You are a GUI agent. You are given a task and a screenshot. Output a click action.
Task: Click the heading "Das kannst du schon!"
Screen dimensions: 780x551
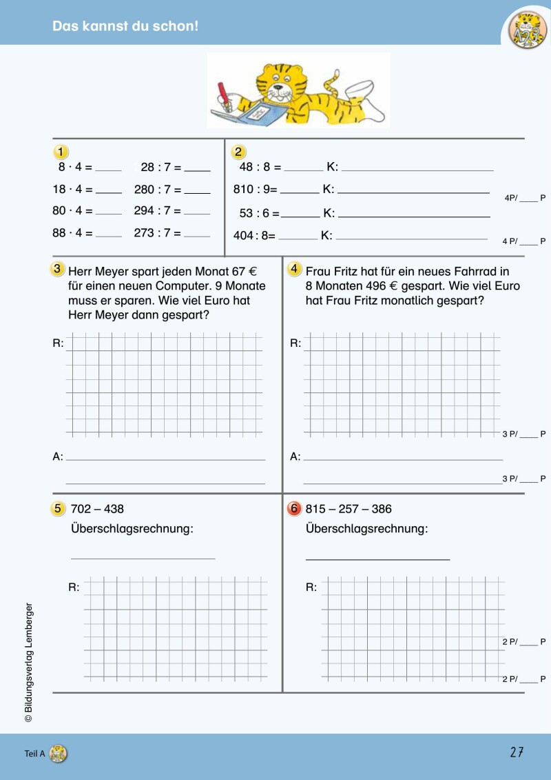125,27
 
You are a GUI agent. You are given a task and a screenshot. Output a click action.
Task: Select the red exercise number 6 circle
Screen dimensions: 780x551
295,509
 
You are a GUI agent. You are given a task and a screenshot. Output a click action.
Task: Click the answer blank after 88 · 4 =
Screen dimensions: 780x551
109,234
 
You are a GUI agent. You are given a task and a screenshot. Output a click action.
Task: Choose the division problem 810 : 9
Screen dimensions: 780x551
253,189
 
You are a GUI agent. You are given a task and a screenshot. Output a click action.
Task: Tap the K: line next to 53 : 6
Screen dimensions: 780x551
413,216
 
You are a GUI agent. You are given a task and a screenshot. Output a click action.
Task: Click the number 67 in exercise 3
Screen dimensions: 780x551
239,271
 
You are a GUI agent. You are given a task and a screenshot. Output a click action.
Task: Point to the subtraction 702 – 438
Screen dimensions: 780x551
97,509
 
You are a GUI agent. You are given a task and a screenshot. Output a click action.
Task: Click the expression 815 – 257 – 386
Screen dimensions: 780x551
349,509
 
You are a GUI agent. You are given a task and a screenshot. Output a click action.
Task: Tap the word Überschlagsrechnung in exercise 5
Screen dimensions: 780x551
132,529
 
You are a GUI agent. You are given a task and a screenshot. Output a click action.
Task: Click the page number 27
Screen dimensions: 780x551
517,752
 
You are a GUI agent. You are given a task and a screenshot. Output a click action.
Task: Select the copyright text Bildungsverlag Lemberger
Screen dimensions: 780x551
29,662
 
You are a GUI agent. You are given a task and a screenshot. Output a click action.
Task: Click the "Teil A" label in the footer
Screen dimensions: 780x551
34,754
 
